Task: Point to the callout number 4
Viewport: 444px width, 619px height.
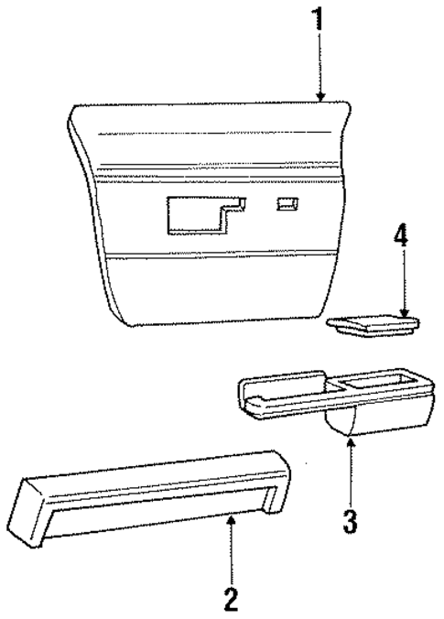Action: (x=400, y=236)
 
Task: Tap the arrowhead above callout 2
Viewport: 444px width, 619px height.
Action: (x=232, y=519)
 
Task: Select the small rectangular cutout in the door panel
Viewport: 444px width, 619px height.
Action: (x=288, y=205)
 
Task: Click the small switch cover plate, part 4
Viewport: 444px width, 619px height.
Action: (x=374, y=324)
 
